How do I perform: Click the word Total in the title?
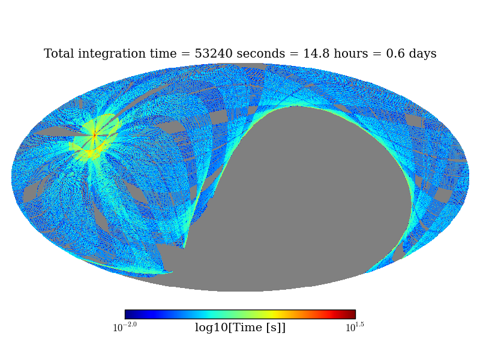coord(59,54)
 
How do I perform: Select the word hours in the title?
coord(354,54)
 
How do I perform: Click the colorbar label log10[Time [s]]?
coord(240,328)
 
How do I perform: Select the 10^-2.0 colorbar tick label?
coord(125,328)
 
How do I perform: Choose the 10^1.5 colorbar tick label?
coord(355,328)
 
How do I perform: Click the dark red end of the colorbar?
coord(352,314)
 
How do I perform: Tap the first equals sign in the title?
coord(186,55)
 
